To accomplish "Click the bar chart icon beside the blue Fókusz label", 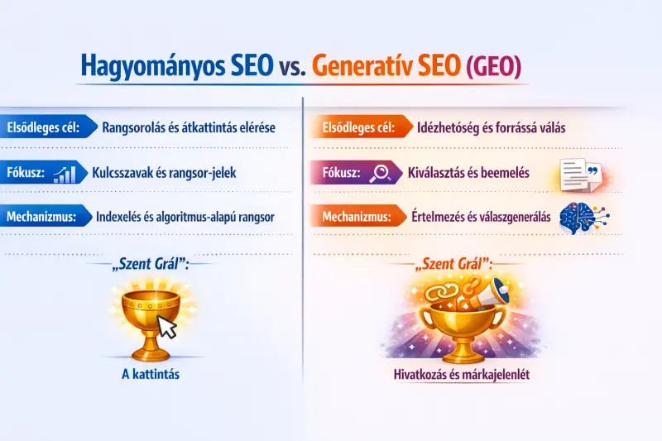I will point(64,173).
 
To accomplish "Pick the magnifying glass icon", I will point(381,173).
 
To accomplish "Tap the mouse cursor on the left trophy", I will point(169,327).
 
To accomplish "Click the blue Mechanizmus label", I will point(41,218).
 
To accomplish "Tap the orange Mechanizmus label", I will point(356,218).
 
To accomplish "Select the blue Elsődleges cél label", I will point(42,128).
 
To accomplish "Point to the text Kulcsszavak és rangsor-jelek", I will point(164,173).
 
